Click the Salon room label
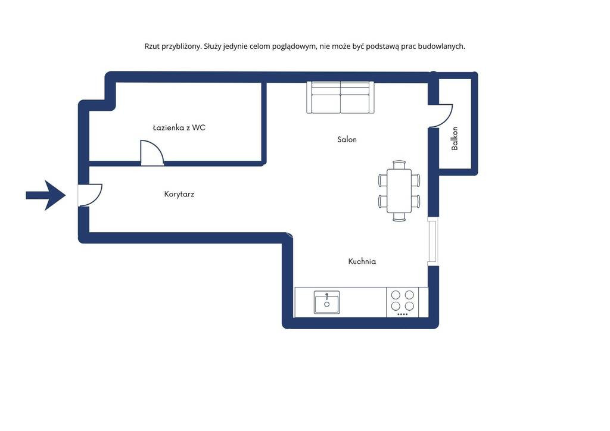pos(347,139)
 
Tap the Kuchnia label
pos(362,261)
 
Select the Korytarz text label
pos(179,194)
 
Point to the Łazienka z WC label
pos(179,127)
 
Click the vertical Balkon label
pos(455,138)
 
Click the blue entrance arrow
pos(46,195)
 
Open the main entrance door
pos(91,195)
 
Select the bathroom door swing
pos(152,153)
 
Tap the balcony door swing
pos(441,116)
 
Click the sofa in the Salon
pos(340,98)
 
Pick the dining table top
pos(399,191)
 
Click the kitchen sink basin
pos(327,302)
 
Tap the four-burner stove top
pos(402,302)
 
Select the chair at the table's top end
pos(399,165)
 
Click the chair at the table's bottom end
pos(399,217)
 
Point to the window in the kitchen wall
pos(432,241)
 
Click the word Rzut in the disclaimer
pos(152,46)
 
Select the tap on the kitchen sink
pos(327,296)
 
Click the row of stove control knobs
pos(402,314)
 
